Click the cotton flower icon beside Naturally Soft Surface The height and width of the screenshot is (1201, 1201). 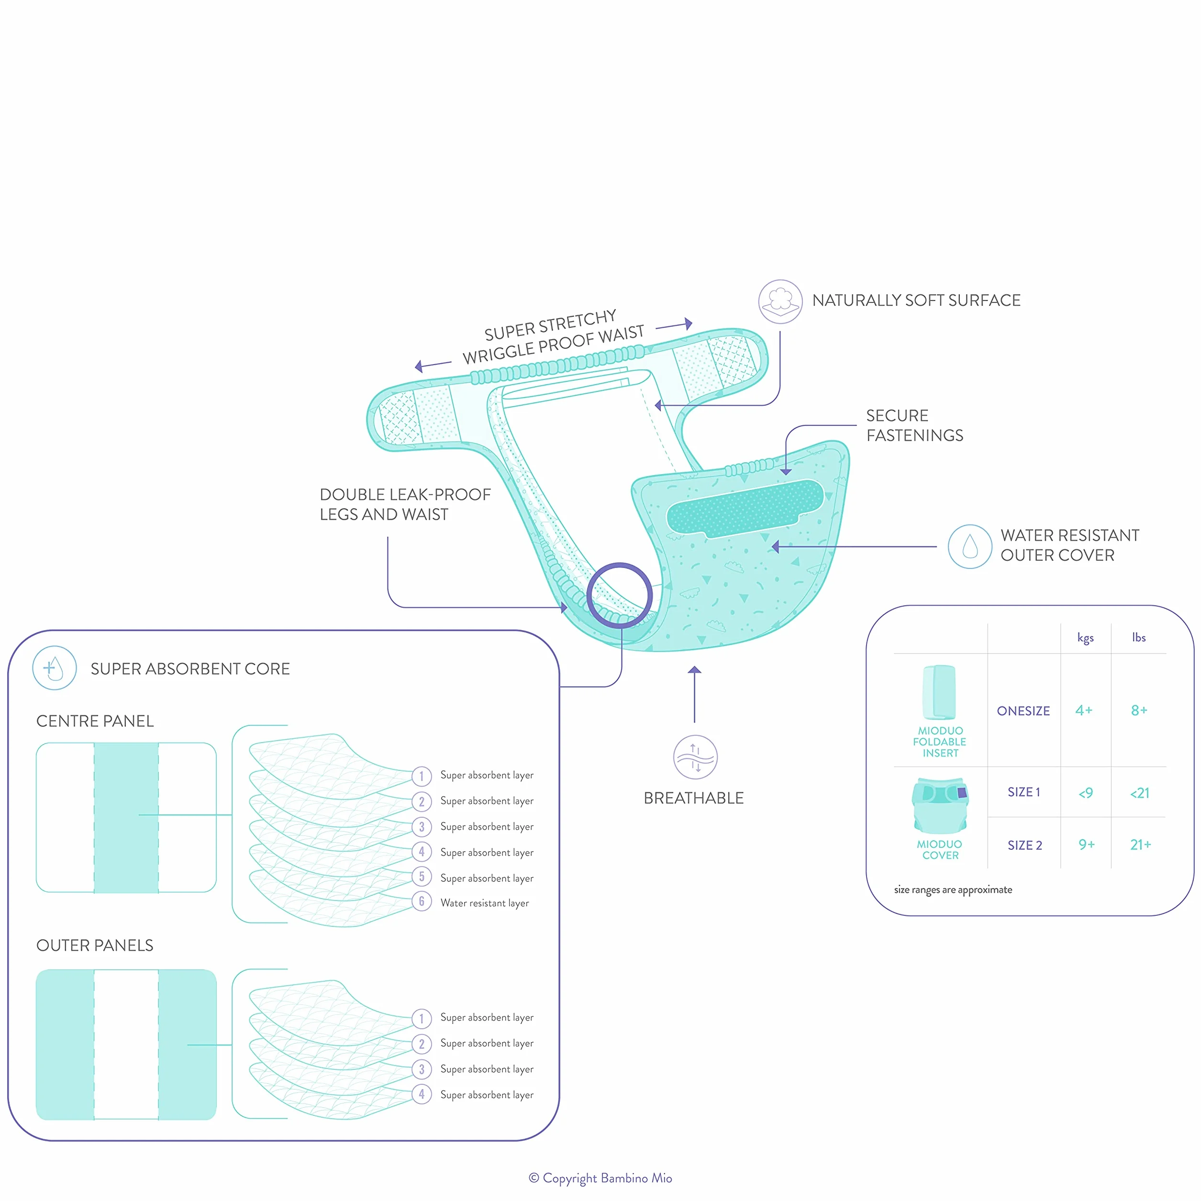[x=780, y=301]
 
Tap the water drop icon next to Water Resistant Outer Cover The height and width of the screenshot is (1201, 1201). [x=970, y=546]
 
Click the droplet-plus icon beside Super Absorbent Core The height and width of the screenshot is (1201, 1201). [x=55, y=668]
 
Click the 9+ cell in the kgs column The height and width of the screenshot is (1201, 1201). [x=1087, y=844]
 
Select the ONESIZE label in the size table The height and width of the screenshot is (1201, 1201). [x=1023, y=711]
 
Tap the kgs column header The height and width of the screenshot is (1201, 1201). [x=1085, y=638]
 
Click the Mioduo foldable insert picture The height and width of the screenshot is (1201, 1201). [x=939, y=692]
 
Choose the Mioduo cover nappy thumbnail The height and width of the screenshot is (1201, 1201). [x=940, y=806]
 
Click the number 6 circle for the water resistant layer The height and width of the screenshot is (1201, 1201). [x=422, y=901]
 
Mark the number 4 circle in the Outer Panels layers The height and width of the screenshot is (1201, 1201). [x=422, y=1094]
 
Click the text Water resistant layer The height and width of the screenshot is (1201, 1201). [x=484, y=902]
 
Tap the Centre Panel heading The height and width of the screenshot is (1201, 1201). [x=95, y=721]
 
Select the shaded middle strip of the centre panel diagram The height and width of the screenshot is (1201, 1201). [x=126, y=817]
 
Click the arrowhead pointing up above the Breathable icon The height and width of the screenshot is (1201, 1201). [x=695, y=669]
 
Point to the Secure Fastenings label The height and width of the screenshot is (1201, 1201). [x=914, y=425]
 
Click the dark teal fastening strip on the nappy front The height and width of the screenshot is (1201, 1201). [x=745, y=508]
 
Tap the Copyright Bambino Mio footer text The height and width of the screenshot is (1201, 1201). [x=600, y=1178]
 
